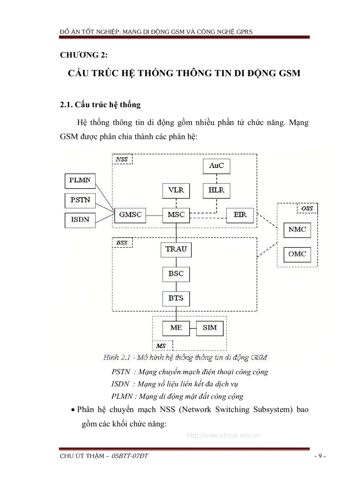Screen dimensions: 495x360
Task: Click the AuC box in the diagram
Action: click(x=216, y=166)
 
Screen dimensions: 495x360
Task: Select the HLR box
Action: click(x=216, y=190)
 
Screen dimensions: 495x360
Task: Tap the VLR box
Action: click(x=176, y=190)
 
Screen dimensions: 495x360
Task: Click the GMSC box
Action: click(x=130, y=215)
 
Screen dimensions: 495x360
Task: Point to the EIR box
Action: click(x=240, y=215)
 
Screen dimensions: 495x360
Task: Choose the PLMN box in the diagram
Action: click(x=80, y=180)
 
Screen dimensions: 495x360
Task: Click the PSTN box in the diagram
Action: click(x=80, y=200)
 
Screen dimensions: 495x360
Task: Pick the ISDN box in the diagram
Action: click(x=80, y=220)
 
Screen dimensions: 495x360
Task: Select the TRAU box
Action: click(x=176, y=249)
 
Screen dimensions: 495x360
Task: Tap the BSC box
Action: click(x=176, y=274)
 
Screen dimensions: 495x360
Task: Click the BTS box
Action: click(x=176, y=298)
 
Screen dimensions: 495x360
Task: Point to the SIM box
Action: click(x=210, y=328)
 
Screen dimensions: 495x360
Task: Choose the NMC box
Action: click(x=297, y=230)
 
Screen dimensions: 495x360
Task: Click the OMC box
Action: click(x=297, y=254)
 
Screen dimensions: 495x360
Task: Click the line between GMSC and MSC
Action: click(x=153, y=215)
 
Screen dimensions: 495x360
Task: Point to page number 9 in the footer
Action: click(x=320, y=456)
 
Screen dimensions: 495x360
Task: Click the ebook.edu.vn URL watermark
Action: click(x=223, y=435)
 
